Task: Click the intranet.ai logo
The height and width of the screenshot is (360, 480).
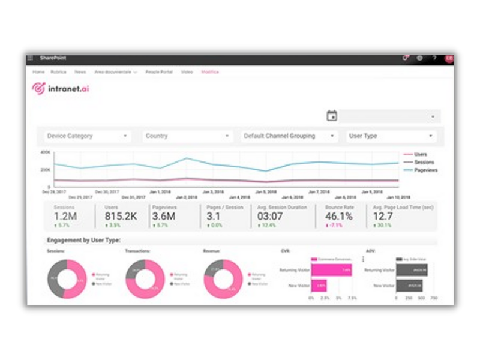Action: (60, 89)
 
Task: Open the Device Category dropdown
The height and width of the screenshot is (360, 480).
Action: (88, 136)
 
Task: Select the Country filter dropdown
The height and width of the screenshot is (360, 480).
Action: (187, 136)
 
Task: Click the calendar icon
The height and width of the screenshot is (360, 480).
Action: (332, 116)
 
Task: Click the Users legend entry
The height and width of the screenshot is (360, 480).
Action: (421, 155)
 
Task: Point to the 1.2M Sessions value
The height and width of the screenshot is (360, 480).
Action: (65, 217)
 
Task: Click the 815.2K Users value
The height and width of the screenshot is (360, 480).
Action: (121, 217)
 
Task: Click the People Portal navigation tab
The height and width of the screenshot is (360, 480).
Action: (158, 72)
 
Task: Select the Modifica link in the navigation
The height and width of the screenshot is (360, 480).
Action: (210, 72)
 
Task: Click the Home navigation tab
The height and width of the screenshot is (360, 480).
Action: (38, 72)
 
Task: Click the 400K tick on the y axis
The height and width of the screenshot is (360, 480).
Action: (46, 152)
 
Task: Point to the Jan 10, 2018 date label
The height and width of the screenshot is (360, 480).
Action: (398, 197)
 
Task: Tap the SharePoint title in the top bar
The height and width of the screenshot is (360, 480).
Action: (53, 58)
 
